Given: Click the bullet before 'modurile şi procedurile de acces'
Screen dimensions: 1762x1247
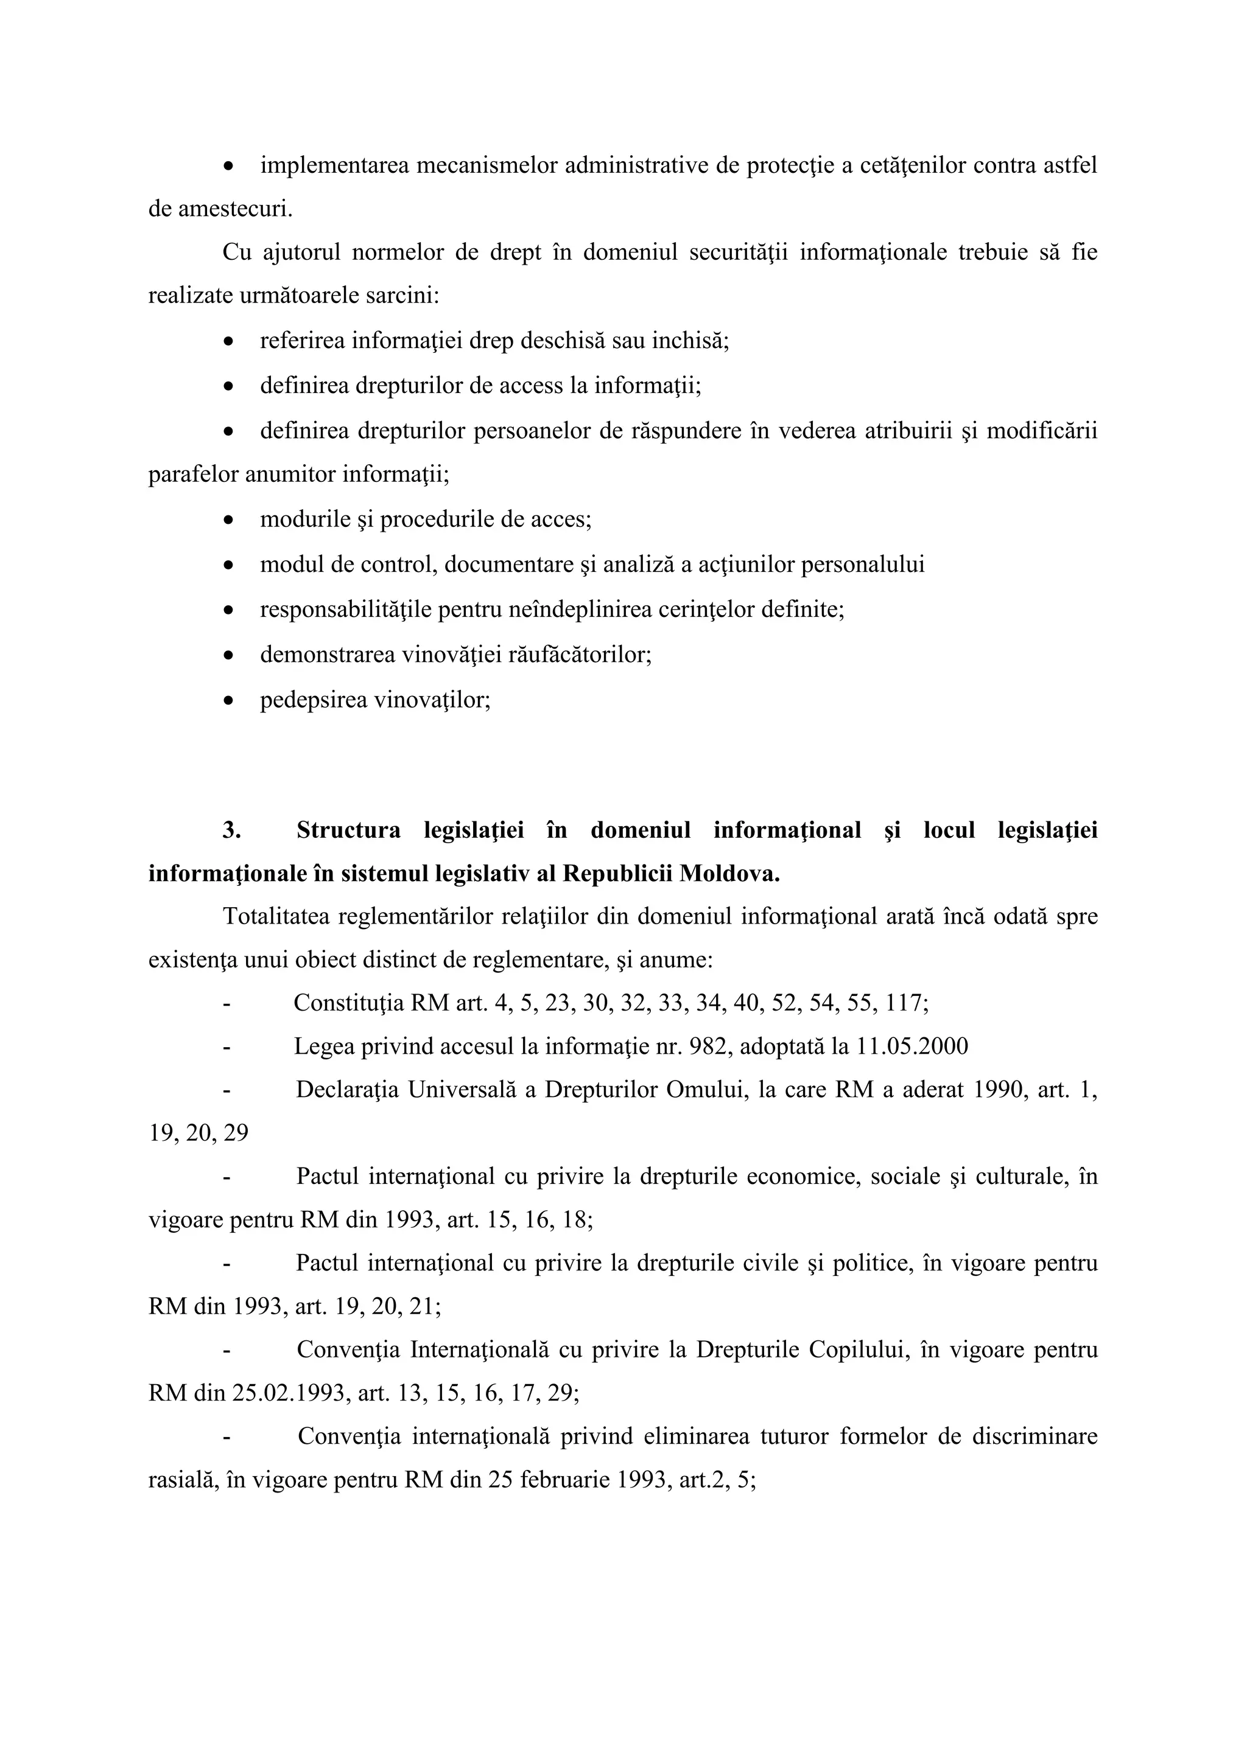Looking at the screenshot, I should click(228, 520).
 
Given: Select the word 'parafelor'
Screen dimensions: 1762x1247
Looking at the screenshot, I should click(194, 475).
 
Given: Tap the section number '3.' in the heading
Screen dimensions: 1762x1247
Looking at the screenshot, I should click(232, 831).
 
